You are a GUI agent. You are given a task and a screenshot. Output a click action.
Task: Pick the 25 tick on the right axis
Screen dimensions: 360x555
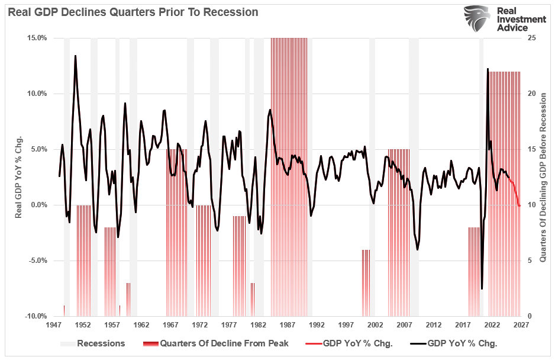531,38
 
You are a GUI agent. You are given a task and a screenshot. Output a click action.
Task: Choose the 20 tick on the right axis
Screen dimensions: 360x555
531,94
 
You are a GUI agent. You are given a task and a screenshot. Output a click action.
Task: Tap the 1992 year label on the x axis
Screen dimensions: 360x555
317,325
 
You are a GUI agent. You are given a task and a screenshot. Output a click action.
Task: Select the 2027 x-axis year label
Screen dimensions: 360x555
521,325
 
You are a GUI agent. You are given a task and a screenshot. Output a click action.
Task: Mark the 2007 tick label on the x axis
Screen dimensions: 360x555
404,325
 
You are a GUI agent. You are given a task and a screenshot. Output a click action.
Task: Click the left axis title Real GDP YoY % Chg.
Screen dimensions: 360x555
18,176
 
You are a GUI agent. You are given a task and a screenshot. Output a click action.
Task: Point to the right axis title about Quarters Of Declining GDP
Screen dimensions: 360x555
543,176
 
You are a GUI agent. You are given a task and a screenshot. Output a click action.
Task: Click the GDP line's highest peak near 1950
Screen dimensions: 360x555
75,56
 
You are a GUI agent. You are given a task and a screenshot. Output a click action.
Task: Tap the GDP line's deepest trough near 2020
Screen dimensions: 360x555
482,289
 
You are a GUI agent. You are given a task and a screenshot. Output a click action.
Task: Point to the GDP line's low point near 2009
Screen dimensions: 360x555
418,250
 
